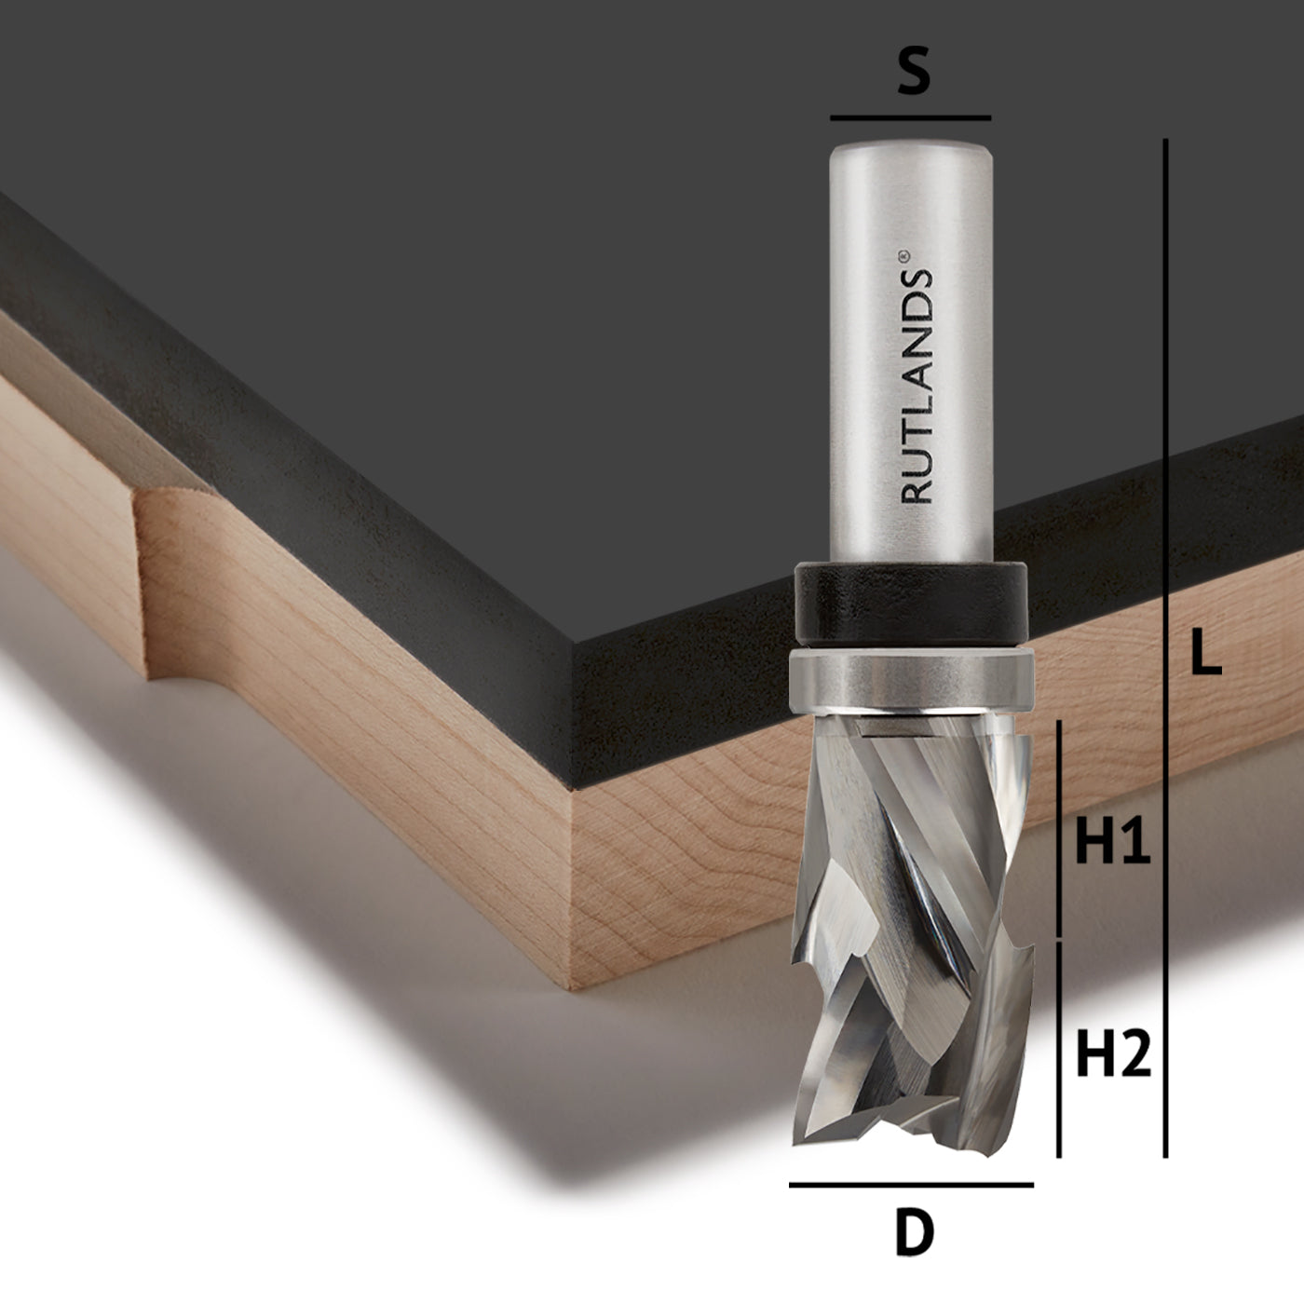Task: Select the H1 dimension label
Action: pos(1113,843)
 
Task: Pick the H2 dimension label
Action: pos(1113,1054)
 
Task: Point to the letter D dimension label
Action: pos(914,1234)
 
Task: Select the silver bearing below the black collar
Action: pos(911,680)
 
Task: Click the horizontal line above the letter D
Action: pos(911,1185)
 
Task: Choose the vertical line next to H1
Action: pos(1059,829)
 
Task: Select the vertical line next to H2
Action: pos(1059,1048)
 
